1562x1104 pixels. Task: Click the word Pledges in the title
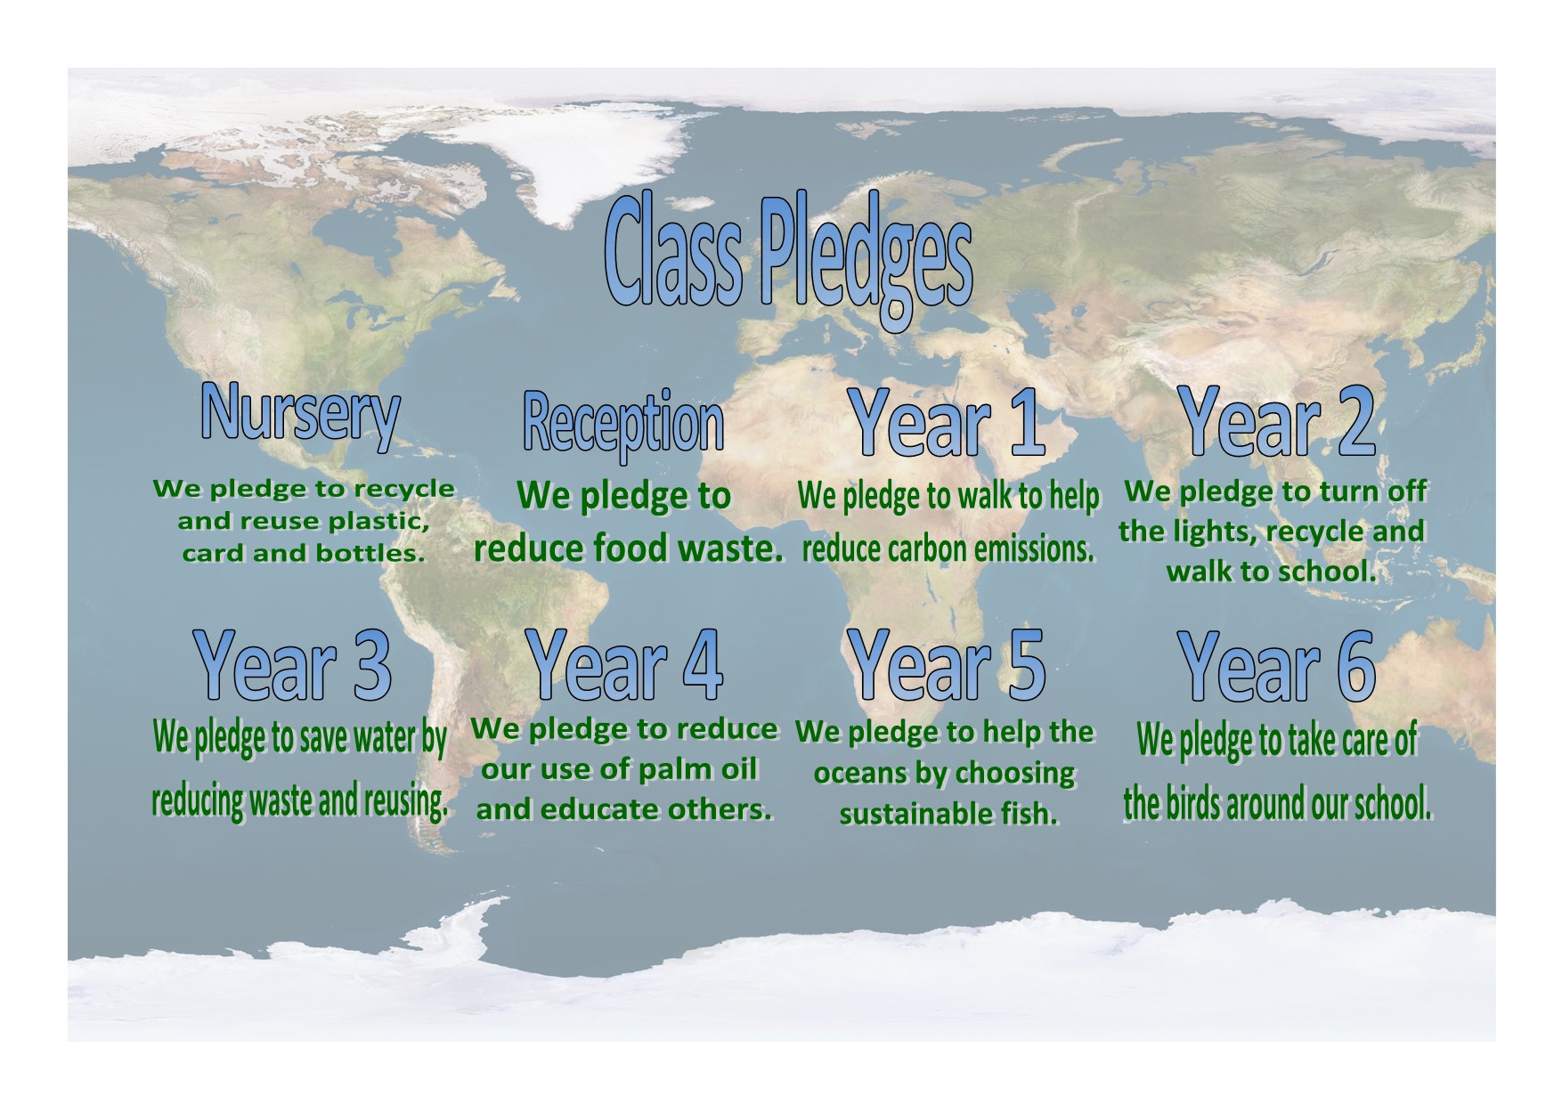coord(865,264)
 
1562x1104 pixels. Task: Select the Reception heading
coord(622,423)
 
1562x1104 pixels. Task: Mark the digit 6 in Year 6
coord(1349,664)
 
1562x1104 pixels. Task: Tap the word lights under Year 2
coord(1208,532)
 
